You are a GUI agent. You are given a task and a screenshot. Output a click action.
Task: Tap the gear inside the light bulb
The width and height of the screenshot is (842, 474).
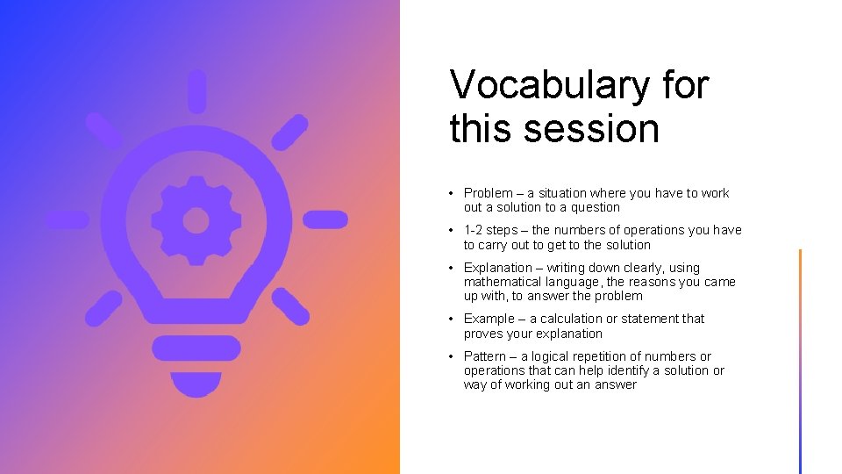(x=196, y=219)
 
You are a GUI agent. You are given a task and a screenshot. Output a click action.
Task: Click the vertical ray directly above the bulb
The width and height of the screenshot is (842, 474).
(x=196, y=90)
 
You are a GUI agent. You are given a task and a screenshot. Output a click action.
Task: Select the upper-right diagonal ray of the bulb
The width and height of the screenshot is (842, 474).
(x=289, y=133)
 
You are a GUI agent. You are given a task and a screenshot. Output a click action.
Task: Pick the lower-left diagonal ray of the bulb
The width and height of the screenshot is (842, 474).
(x=103, y=308)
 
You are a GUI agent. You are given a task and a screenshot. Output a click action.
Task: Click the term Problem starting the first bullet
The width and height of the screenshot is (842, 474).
(x=488, y=193)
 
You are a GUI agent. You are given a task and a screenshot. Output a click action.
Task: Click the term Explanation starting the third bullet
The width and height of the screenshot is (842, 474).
(x=497, y=268)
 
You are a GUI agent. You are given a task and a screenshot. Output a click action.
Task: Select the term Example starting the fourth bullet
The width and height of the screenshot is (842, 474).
(x=489, y=319)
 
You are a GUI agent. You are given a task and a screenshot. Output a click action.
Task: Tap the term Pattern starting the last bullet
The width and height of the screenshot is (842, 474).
(x=485, y=356)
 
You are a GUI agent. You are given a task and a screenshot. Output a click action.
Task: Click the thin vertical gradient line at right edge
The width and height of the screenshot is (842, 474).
(x=800, y=360)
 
